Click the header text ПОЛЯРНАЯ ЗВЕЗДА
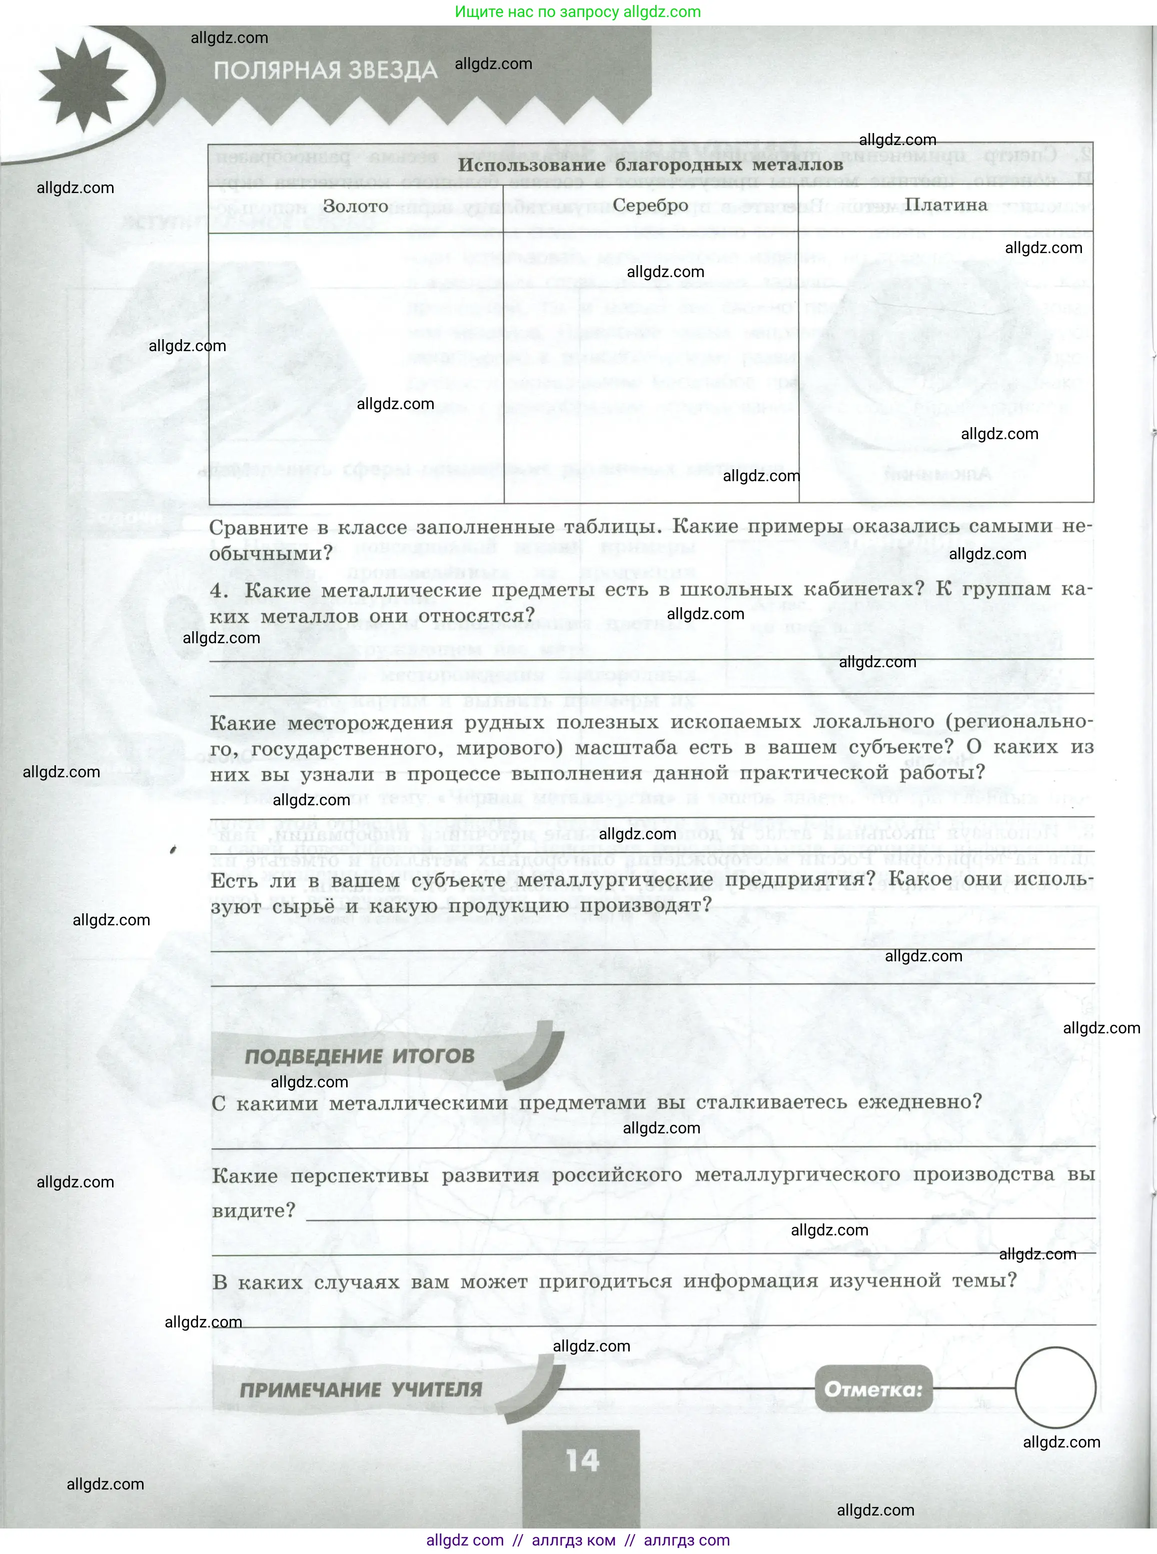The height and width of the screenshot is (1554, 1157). (x=326, y=71)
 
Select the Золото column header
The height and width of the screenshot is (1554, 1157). (x=355, y=207)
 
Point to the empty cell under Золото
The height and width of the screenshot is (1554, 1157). (x=356, y=367)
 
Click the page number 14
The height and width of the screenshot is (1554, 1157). (x=582, y=1460)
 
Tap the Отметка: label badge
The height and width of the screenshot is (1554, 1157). (x=873, y=1389)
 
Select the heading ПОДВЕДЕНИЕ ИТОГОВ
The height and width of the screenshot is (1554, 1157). (x=359, y=1056)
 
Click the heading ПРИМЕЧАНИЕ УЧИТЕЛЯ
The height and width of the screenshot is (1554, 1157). (x=361, y=1390)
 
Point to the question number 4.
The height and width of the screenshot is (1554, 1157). (x=219, y=590)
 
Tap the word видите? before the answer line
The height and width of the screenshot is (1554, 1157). (x=254, y=1211)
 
